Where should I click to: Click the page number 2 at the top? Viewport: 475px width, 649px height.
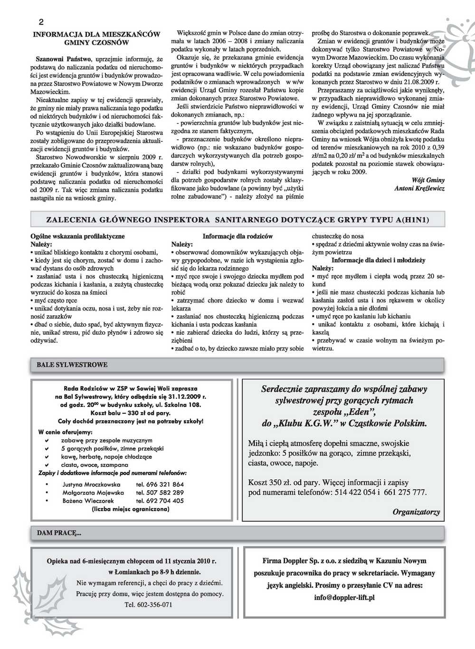tap(41, 22)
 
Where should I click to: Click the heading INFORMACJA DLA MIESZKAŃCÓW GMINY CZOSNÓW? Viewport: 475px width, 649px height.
tap(96, 39)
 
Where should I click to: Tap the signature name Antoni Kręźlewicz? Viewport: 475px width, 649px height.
tap(419, 188)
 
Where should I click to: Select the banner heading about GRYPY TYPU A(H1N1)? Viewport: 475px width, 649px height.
tap(237, 220)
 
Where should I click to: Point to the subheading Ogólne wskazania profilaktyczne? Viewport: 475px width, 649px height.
tap(77, 236)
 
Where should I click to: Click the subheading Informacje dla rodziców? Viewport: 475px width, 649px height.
tap(237, 236)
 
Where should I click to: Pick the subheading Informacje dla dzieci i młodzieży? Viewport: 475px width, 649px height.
tap(378, 261)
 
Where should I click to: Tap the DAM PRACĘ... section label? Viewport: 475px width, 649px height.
tap(59, 533)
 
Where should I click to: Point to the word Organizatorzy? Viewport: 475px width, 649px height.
tap(416, 512)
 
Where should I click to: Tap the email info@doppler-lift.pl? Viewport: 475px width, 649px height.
tap(344, 597)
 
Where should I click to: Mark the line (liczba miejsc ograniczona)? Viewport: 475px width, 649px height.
tap(130, 509)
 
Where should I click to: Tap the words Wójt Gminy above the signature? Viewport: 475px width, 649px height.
tap(429, 180)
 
